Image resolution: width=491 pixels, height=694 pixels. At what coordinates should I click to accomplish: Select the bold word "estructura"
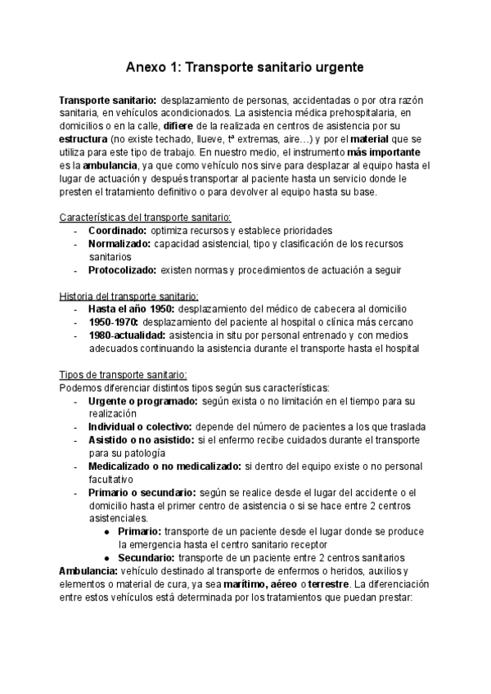tap(84, 139)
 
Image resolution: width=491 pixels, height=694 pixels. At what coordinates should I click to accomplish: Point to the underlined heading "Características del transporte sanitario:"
tap(146, 217)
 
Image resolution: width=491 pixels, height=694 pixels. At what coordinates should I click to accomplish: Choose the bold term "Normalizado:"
tap(119, 244)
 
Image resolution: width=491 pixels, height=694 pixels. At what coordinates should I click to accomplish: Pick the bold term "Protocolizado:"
tap(122, 270)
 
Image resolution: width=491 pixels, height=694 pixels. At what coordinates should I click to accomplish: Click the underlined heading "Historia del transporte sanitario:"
tap(129, 296)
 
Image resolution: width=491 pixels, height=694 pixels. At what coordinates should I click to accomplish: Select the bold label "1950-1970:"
tap(113, 322)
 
